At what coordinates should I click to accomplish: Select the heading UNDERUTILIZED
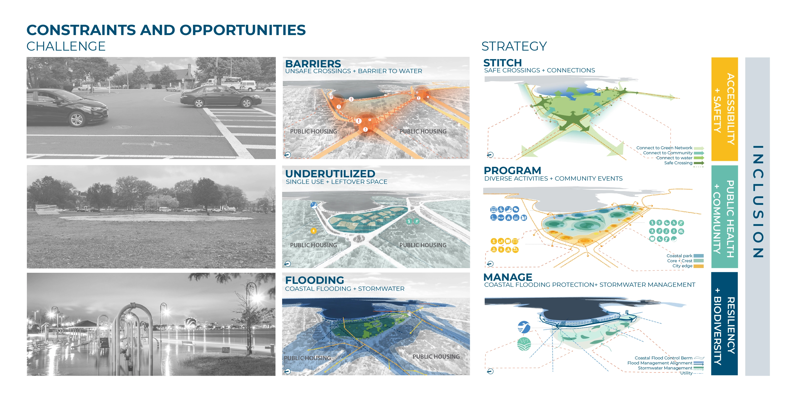[330, 174]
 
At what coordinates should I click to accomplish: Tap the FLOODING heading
[314, 280]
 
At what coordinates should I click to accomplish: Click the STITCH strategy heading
[502, 63]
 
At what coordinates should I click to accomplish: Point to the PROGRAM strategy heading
[512, 170]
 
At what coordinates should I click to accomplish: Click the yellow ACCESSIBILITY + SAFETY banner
[724, 109]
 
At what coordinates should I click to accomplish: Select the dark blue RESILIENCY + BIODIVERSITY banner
[724, 324]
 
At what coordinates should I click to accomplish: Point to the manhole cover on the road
[122, 127]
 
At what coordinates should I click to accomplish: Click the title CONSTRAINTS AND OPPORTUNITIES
[166, 30]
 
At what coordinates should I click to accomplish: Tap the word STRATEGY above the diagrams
[514, 46]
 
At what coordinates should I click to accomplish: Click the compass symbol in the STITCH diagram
[490, 155]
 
